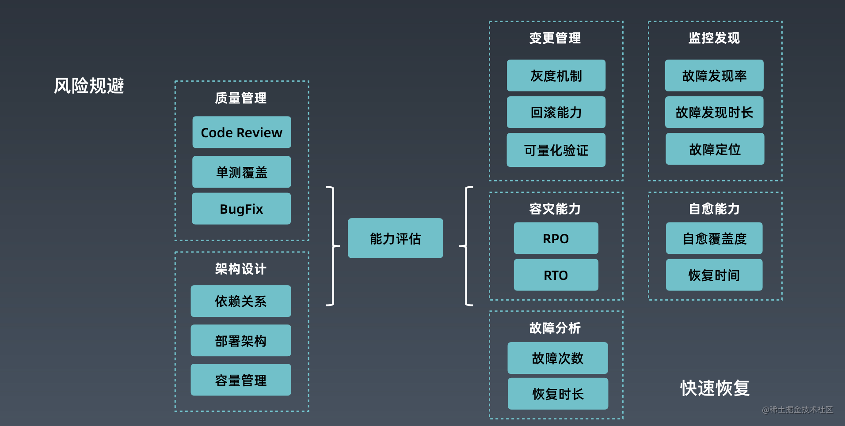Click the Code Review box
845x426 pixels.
point(242,132)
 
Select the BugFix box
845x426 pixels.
point(241,209)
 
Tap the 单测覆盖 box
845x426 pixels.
point(241,172)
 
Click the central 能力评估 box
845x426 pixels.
point(395,238)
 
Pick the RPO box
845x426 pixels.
point(556,238)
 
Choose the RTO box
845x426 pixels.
point(556,275)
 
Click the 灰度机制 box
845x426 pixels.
point(556,76)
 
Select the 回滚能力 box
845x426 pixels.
point(556,113)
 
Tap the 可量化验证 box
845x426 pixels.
point(556,150)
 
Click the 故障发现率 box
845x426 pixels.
point(714,76)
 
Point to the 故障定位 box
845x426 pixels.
point(715,149)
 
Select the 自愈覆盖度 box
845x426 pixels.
point(714,238)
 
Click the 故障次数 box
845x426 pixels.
point(558,358)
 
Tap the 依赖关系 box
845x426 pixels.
point(241,301)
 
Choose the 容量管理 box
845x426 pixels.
point(241,380)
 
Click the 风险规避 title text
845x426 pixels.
point(89,86)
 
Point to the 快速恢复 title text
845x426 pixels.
point(715,388)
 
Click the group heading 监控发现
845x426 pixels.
point(714,38)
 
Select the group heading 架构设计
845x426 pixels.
point(241,268)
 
